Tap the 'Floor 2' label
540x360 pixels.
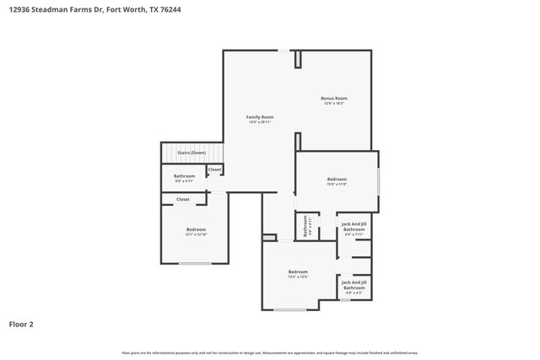pos(21,324)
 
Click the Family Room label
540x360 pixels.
pos(259,117)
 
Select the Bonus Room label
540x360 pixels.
pos(333,99)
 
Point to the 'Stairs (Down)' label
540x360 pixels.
pos(191,153)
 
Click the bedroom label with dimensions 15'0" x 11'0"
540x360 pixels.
pos(337,180)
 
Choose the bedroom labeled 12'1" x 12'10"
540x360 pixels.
pos(196,229)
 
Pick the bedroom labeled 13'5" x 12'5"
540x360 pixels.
pos(298,272)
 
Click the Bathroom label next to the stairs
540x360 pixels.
pos(184,176)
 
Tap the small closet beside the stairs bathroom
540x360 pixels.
pos(214,169)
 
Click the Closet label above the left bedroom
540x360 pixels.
pos(183,200)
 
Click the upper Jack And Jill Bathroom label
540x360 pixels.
pos(354,227)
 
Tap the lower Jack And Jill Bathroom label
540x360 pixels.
pos(354,286)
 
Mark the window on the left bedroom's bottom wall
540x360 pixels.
pos(195,264)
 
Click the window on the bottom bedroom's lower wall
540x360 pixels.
pos(289,309)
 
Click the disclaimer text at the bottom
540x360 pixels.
pos(270,352)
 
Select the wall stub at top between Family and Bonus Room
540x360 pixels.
pos(297,59)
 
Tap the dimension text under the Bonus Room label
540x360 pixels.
pos(333,104)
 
